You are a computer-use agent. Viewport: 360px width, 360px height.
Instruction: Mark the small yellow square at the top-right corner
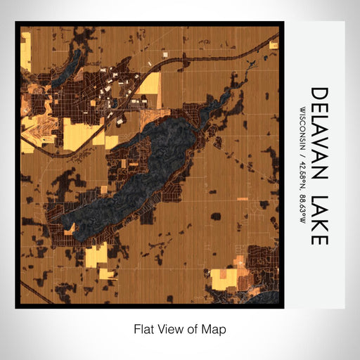pos(274,42)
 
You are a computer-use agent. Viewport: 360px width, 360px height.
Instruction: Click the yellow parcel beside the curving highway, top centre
pos(149,88)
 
